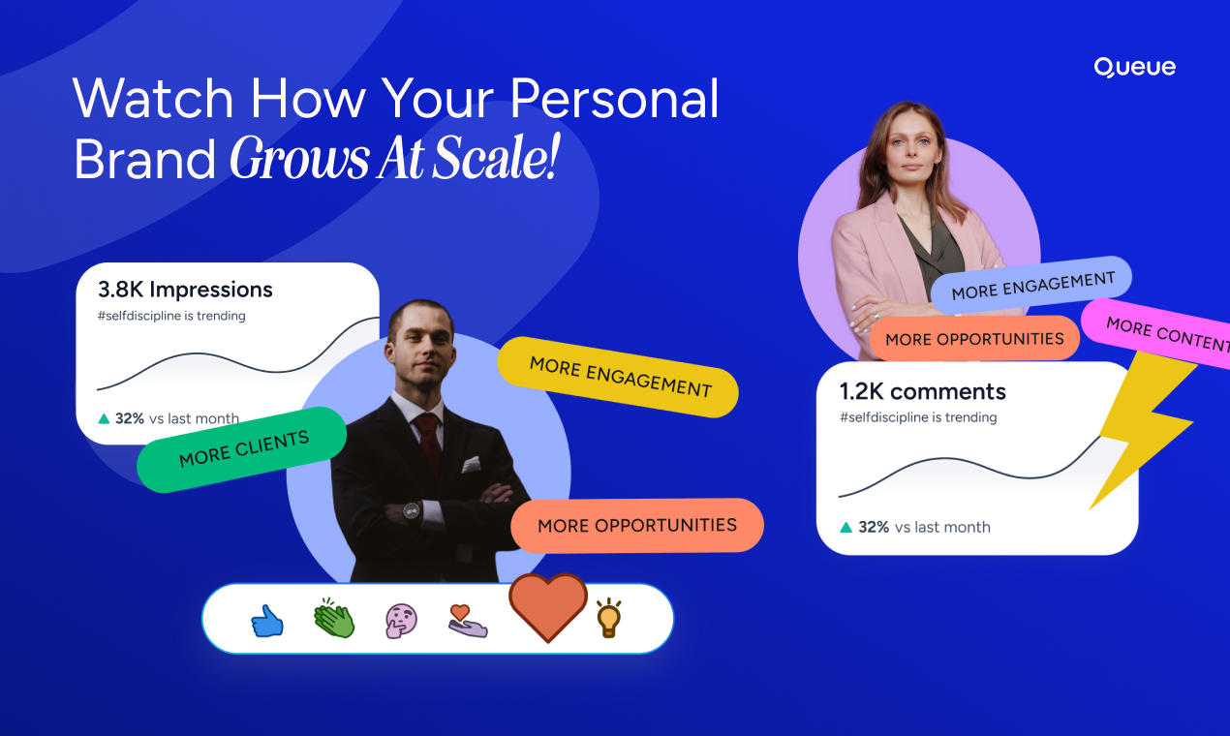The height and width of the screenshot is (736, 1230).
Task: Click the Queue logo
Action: (1134, 68)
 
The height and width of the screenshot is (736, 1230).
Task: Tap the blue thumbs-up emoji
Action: (267, 621)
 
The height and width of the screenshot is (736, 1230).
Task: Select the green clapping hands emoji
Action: (334, 618)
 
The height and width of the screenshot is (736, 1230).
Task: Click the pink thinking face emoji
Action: (401, 621)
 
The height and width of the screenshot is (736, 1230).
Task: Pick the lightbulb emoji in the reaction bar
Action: (609, 618)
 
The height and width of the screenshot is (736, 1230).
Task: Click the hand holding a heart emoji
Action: (468, 621)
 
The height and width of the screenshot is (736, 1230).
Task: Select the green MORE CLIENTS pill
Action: (241, 450)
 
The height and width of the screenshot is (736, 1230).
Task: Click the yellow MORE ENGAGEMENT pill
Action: (618, 377)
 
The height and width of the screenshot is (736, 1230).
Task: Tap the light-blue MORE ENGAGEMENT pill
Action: (1031, 286)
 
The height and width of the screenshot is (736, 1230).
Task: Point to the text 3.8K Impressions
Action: (185, 290)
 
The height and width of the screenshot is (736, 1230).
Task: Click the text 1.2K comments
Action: (922, 391)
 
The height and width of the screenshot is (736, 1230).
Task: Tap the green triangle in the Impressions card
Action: (104, 419)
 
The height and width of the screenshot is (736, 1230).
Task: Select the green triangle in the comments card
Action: (846, 527)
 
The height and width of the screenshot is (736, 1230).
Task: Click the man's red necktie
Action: (429, 443)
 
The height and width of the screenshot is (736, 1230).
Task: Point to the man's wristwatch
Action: (412, 511)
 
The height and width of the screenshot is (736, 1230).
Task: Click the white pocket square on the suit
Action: (471, 465)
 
